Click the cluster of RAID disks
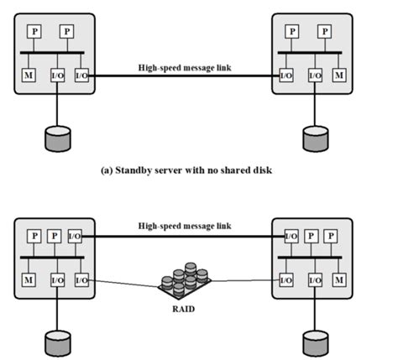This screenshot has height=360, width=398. pos(186,280)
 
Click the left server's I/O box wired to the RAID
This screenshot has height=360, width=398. pos(82,279)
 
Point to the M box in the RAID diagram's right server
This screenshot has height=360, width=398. pos(338,279)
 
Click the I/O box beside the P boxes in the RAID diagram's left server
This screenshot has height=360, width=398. pos(75,237)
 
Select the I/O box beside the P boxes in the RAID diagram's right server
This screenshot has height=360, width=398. pos(291,237)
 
